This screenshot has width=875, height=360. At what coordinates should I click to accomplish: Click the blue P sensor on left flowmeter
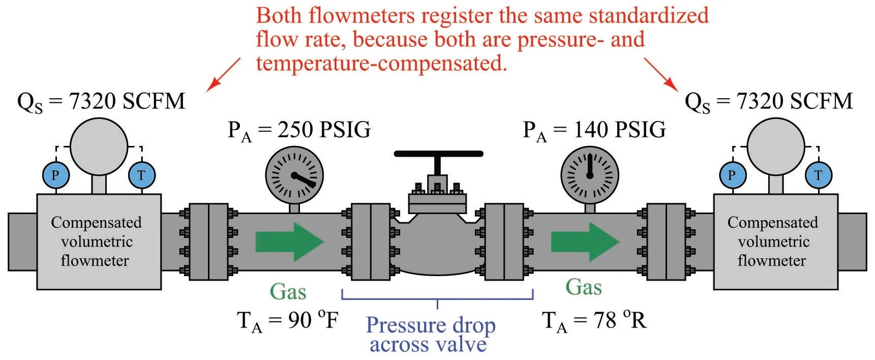(55, 175)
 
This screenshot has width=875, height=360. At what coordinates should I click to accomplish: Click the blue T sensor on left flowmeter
(141, 175)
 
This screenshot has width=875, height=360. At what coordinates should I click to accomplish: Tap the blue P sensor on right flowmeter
(732, 175)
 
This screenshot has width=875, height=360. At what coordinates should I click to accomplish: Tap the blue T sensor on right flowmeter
(818, 175)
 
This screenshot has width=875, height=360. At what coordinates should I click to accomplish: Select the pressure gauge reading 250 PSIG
(294, 175)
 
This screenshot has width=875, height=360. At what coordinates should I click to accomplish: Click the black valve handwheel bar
(438, 154)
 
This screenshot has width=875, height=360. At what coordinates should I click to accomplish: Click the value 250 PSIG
(324, 130)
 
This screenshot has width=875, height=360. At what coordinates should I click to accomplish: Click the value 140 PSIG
(620, 130)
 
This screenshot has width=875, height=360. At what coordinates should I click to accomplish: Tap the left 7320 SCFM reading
(127, 102)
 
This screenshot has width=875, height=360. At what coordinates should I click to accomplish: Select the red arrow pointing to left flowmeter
(224, 74)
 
